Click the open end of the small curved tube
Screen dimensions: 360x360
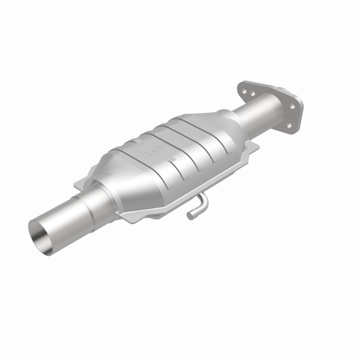coord(190,216)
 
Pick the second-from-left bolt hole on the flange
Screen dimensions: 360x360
coord(253,94)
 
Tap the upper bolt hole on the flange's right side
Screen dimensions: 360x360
coord(292,107)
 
